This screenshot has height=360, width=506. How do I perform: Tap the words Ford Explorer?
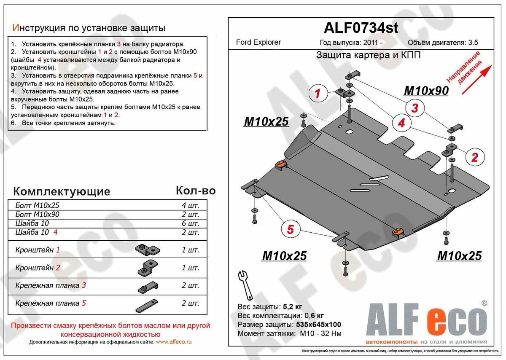[258, 42]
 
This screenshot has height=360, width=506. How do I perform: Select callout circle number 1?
[318, 93]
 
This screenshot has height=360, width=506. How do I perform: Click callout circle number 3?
[414, 108]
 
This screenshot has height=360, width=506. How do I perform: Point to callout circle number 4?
[401, 123]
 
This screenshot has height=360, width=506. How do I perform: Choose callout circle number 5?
[290, 230]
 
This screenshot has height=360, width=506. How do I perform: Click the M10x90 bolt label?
[426, 91]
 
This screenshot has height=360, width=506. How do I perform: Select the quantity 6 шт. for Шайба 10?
[190, 223]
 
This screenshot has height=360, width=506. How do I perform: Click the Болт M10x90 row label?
[37, 215]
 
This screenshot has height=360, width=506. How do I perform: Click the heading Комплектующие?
[62, 191]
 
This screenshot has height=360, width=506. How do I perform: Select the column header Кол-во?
[195, 191]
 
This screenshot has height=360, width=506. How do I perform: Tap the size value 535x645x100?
[318, 325]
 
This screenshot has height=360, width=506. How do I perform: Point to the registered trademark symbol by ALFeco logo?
[484, 303]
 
